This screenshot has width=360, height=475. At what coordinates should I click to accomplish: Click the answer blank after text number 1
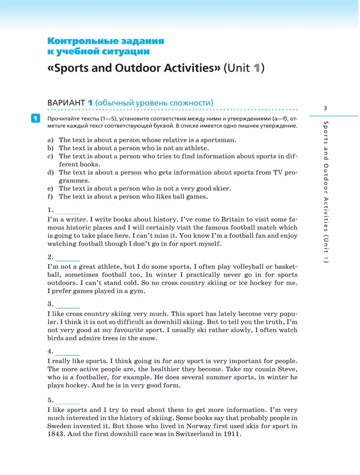tap(68, 211)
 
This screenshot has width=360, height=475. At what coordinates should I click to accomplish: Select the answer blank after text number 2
tap(68, 258)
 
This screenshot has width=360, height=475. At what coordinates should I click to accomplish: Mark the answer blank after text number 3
tap(68, 305)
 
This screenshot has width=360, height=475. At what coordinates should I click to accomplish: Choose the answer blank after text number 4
tap(68, 353)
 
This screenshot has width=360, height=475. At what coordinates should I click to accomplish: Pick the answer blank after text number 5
tap(68, 401)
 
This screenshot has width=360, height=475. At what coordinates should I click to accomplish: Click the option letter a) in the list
tap(50, 140)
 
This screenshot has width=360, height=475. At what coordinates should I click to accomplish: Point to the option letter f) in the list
tap(50, 197)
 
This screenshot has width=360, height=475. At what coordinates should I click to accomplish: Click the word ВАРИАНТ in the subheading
tap(66, 103)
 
